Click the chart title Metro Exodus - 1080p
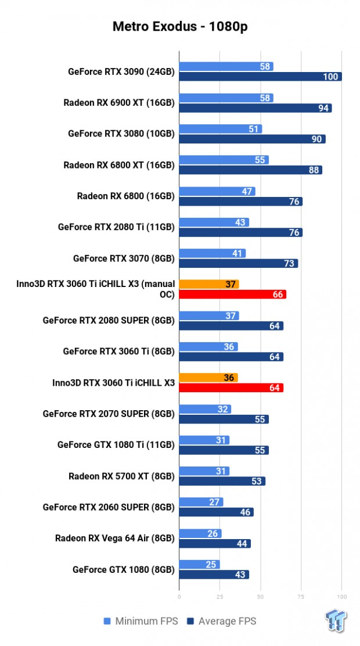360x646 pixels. pyautogui.click(x=179, y=27)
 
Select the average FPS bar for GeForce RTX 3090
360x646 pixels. pyautogui.click(x=260, y=77)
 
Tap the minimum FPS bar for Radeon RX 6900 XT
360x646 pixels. pyautogui.click(x=226, y=98)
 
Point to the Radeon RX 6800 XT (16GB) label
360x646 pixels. pyautogui.click(x=119, y=165)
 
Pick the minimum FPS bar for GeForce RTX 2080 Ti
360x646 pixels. pyautogui.click(x=214, y=222)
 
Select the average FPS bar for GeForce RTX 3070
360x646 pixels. pyautogui.click(x=238, y=264)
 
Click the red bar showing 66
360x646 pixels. pyautogui.click(x=232, y=295)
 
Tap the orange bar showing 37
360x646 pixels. pyautogui.click(x=209, y=284)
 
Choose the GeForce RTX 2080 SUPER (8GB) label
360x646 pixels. pyautogui.click(x=109, y=320)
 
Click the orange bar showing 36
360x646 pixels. pyautogui.click(x=208, y=378)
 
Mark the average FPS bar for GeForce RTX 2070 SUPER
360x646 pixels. pyautogui.click(x=224, y=419)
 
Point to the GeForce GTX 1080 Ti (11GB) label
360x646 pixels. pyautogui.click(x=116, y=444)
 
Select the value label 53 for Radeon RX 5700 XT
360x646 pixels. pyautogui.click(x=257, y=481)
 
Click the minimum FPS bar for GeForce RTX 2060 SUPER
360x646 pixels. pyautogui.click(x=201, y=502)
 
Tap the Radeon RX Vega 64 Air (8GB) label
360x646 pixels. pyautogui.click(x=115, y=538)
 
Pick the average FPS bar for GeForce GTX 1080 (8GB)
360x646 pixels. pyautogui.click(x=214, y=575)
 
